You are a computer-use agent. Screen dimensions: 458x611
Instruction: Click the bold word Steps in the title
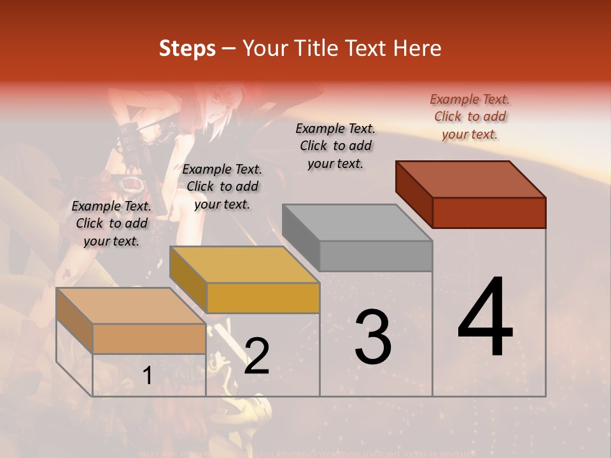187,48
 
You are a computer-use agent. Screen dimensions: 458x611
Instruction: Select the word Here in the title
417,48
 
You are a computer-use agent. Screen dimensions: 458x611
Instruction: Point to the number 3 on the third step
373,337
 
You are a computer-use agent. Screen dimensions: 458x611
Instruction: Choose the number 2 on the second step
256,356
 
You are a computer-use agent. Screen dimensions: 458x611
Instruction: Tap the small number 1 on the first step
147,375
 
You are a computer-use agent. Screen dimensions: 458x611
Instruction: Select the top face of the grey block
357,222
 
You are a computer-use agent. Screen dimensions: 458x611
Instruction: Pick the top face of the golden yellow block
244,264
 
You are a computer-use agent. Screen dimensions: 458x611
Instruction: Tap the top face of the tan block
131,305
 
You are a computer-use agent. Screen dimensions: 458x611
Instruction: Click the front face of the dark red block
489,212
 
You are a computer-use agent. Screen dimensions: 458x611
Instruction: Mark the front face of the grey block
376,256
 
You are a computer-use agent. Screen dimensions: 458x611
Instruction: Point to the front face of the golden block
263,298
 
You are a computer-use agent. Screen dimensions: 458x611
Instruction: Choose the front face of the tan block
149,338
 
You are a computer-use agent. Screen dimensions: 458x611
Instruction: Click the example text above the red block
470,116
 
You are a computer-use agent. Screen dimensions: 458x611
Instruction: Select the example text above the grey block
335,146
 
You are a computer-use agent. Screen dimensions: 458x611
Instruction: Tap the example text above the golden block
222,186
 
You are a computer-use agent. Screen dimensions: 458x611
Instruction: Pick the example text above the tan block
111,223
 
